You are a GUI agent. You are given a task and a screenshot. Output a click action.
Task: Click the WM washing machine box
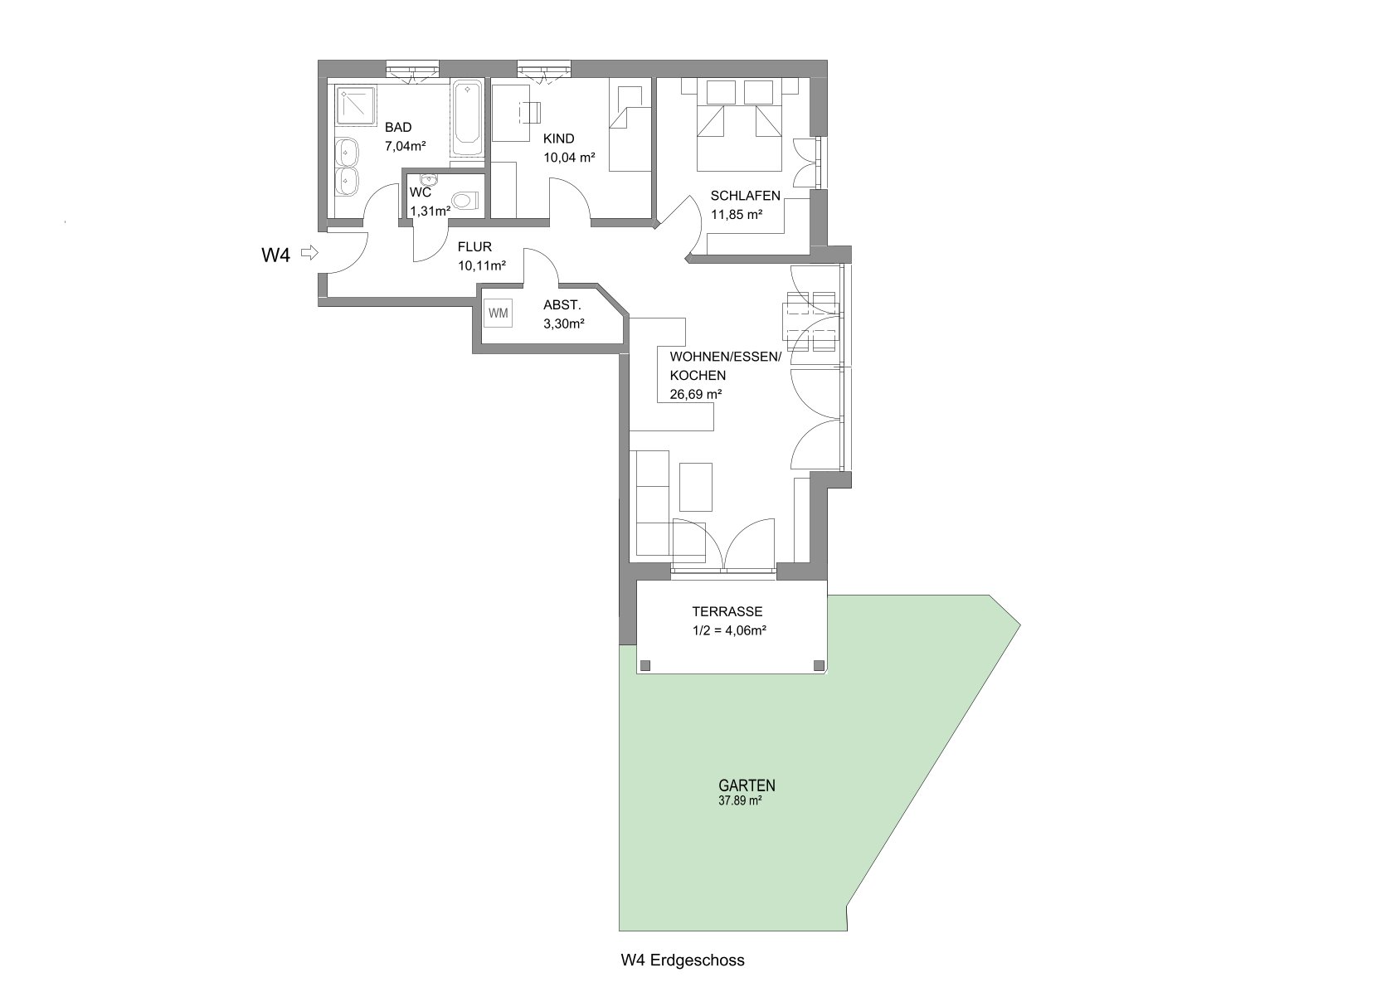[x=498, y=314]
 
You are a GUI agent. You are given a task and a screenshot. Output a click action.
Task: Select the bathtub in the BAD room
[x=467, y=119]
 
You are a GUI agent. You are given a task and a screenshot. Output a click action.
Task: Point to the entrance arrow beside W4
[x=309, y=253]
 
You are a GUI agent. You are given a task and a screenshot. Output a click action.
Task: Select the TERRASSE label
[x=727, y=612]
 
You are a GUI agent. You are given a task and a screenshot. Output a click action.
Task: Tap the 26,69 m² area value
[x=695, y=394]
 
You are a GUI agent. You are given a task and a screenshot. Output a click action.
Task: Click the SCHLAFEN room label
[x=746, y=196]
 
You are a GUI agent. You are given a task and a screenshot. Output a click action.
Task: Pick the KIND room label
[x=558, y=139]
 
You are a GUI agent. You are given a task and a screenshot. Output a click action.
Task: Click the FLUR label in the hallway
[x=475, y=247]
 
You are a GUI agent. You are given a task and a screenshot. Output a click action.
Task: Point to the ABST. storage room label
[x=562, y=305]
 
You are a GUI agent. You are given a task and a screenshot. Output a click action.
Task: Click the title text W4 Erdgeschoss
[x=683, y=960]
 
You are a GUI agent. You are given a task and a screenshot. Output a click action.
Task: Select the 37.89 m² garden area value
[x=741, y=800]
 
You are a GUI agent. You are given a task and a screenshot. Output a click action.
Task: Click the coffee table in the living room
[x=695, y=487]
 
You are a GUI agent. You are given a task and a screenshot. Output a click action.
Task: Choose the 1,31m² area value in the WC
[x=430, y=211]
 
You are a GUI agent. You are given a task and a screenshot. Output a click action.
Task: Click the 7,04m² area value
[x=405, y=146]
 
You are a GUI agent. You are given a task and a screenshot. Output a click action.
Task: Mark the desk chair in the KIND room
[x=530, y=113]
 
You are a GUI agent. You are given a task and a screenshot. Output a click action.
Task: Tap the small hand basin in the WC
[x=429, y=179]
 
